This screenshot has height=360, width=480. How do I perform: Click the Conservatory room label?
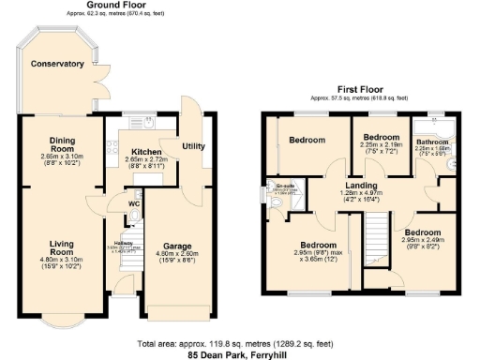pyautogui.click(x=57, y=64)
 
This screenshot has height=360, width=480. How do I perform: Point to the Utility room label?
pyautogui.click(x=194, y=146)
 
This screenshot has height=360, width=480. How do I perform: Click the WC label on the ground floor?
pyautogui.click(x=134, y=202)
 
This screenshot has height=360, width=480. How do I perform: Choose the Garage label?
pyautogui.click(x=177, y=247)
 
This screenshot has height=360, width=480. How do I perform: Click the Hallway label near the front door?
pyautogui.click(x=125, y=242)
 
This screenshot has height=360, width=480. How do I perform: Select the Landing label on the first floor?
pyautogui.click(x=361, y=186)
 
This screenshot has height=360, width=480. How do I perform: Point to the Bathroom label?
pyautogui.click(x=432, y=142)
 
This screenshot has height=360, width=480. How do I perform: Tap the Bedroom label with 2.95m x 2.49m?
pyautogui.click(x=423, y=231)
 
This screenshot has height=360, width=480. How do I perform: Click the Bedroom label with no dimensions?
pyautogui.click(x=307, y=141)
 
